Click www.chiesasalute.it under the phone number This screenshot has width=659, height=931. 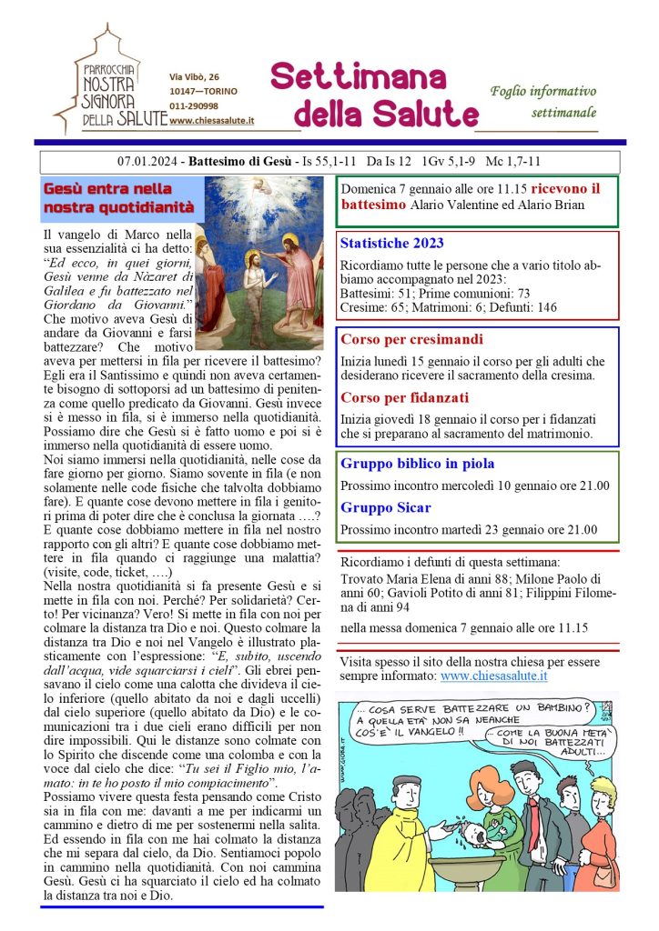[x=211, y=120]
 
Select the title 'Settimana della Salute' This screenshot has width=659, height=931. [x=373, y=95]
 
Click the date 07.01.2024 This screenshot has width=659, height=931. [x=149, y=162]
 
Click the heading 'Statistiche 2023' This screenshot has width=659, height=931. [x=391, y=243]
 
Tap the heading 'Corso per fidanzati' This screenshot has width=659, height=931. [x=404, y=397]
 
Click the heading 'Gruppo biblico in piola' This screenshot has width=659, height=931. [x=418, y=464]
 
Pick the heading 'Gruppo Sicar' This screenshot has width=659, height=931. [x=386, y=507]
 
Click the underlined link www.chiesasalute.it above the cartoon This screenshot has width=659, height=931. [x=493, y=676]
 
